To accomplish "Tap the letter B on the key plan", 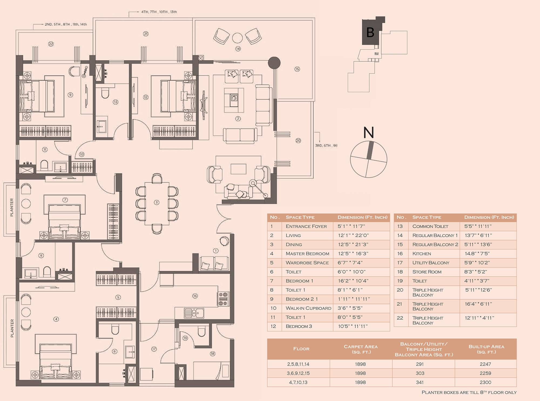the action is coord(370,32).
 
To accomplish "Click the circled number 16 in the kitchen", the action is coord(195,296).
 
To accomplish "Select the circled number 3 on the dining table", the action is coord(157,202).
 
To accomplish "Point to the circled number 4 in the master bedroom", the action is coord(56,319).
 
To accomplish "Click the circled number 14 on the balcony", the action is coord(238,49).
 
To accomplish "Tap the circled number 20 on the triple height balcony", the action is coord(298,140).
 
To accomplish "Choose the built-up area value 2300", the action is coord(485,382).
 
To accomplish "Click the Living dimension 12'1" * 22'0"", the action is coord(353,235).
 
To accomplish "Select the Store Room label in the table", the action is coord(427,272).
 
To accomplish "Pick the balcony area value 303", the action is coord(420,373).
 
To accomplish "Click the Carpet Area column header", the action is coord(361,349).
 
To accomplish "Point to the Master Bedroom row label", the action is coord(308,254).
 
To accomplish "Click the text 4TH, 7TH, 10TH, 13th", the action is coord(159,12).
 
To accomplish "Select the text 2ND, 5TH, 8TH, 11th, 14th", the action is coord(66,24).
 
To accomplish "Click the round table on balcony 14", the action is coord(237,38).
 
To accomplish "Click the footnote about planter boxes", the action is coord(469,392).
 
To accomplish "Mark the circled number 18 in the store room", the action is coord(212,354).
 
